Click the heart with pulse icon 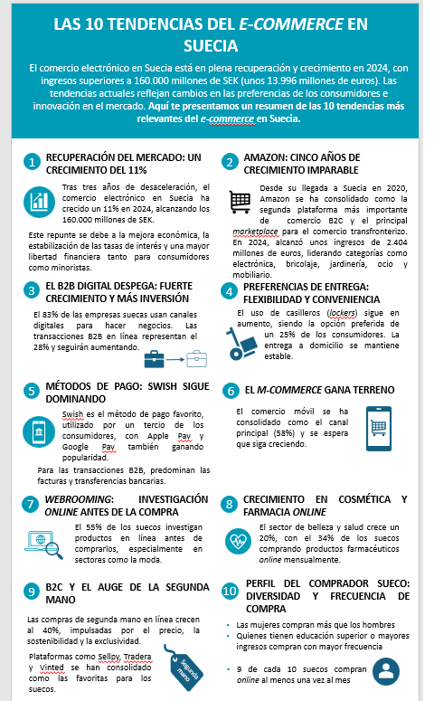point(241,541)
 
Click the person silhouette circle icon point(387,670)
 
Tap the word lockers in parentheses point(343,312)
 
